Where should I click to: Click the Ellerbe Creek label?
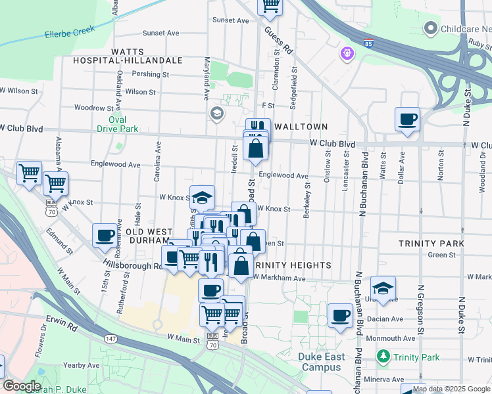click(x=70, y=31)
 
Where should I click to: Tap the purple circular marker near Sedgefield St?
click(x=347, y=53)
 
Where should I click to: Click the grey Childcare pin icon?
click(x=431, y=28)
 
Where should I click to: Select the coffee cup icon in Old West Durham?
click(x=104, y=236)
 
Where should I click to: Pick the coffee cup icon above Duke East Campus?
click(x=340, y=315)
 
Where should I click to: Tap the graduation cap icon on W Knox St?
click(x=203, y=196)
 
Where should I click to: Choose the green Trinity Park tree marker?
click(x=383, y=357)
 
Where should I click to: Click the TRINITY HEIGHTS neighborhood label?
click(x=292, y=265)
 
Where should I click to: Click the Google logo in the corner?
click(x=22, y=386)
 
